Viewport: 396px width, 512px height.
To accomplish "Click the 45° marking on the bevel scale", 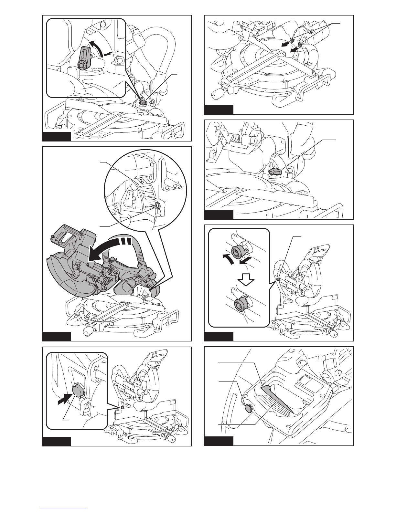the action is point(141,186).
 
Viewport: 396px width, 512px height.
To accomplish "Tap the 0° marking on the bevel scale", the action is point(146,206).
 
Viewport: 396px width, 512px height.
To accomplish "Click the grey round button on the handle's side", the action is point(248,409).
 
